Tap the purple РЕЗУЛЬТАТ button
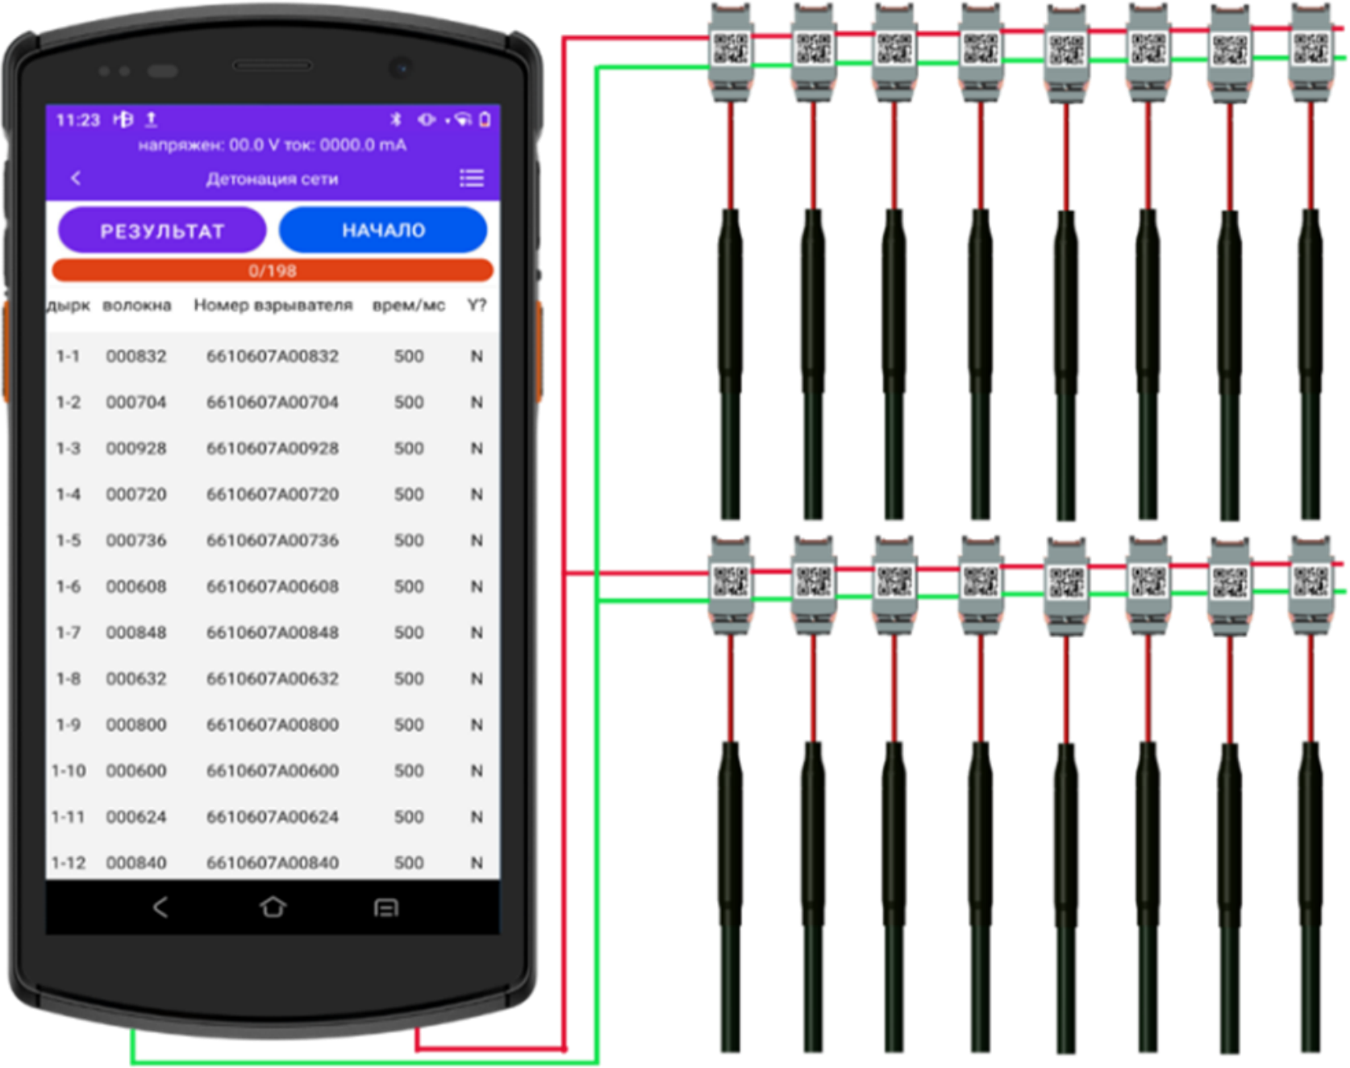point(162,231)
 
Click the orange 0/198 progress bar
point(273,270)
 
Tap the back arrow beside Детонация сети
point(76,178)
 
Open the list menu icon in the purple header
point(472,178)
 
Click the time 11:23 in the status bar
point(77,120)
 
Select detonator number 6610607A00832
point(273,357)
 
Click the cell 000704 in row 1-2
point(136,403)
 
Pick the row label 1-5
point(69,540)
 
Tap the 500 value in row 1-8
point(409,679)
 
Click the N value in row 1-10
point(477,771)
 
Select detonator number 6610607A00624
point(273,817)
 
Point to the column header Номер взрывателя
point(273,306)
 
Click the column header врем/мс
point(409,306)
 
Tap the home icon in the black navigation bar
point(273,907)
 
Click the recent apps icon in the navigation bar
point(386,908)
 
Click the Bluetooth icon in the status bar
point(396,119)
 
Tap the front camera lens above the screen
point(400,68)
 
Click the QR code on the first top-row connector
point(731,49)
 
